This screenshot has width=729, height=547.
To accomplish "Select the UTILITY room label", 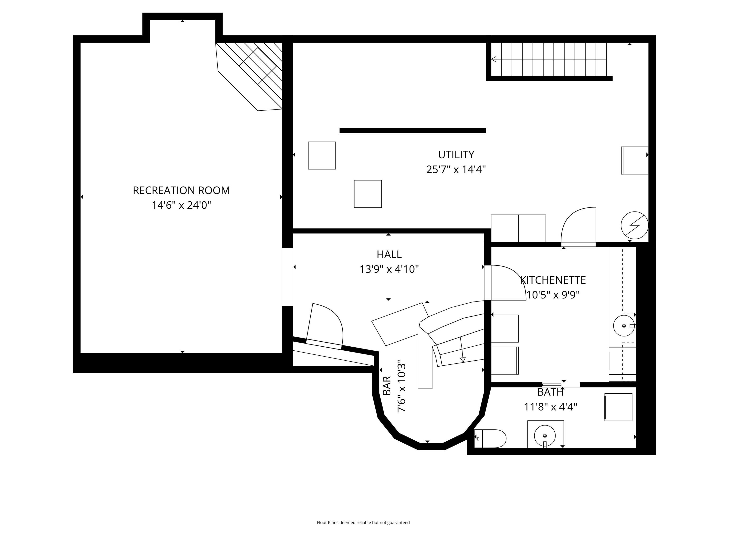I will click(x=456, y=155).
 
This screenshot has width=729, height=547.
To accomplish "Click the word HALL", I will click(x=389, y=255).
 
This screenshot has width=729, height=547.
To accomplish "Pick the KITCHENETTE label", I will click(x=553, y=280).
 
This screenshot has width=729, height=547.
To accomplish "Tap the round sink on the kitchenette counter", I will click(x=624, y=326).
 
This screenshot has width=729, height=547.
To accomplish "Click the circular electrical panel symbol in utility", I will click(x=634, y=225).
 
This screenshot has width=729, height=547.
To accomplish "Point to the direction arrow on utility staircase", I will click(x=494, y=59).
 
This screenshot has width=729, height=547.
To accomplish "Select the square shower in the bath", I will click(x=618, y=407).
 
